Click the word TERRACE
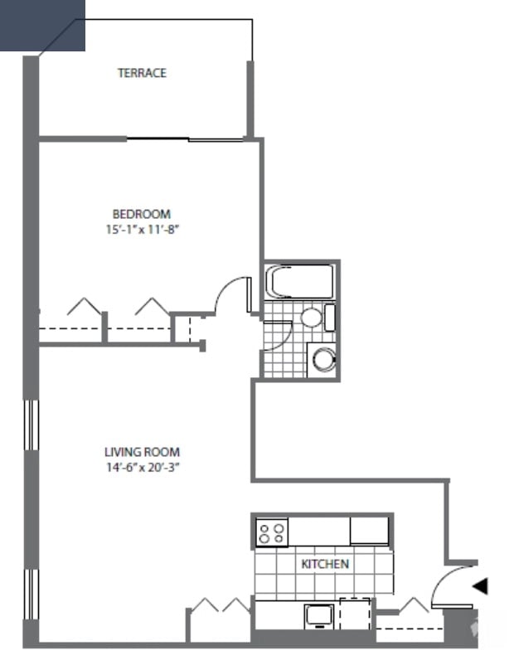142,73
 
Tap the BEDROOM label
142,213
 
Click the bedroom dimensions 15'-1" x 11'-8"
138,228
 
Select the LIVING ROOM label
142,452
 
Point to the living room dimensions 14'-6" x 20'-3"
142,467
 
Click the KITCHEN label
325,564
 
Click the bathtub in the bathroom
299,281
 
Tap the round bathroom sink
311,317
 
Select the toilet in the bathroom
322,359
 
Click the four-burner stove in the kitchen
271,532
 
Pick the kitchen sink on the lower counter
318,614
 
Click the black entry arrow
480,586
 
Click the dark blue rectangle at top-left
42,25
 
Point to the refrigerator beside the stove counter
369,530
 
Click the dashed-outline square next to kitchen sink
355,612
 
